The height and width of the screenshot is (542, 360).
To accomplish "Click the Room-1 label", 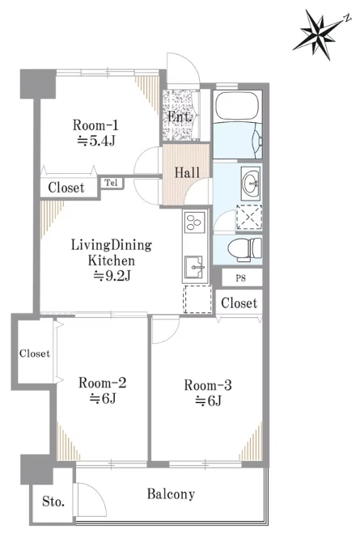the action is coord(95,125).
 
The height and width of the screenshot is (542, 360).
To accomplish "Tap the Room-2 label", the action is coord(103,383).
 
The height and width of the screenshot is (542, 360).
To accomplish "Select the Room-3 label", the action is coord(208,385).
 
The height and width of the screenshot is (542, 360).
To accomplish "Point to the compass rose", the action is coord(320,34).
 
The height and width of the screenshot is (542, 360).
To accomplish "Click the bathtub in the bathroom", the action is coord(237,106).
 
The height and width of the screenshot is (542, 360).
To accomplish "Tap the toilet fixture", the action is coord(245,249).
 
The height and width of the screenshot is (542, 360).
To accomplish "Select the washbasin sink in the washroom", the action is coord(251,183).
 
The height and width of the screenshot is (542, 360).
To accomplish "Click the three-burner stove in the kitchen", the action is coord(195,222).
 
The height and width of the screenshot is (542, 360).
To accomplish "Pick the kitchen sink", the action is coord(195,267).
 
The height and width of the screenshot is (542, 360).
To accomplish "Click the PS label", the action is coord(241,278).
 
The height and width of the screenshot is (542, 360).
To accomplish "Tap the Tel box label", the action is coord(112,183).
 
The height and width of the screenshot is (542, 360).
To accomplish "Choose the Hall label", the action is coord(187,172).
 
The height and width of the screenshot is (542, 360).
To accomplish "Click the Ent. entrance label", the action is coord(180,116).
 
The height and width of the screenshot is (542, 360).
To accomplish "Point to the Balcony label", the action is coord(171,494).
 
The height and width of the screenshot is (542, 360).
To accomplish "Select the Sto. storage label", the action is coord(53,501).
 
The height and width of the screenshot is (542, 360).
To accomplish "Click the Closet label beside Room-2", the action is coord(35,354).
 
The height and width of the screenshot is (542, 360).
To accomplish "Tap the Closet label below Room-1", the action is coord(66,188).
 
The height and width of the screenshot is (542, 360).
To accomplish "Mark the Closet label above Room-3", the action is coord(239,303).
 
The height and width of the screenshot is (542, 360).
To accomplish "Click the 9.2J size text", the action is coord(112,276).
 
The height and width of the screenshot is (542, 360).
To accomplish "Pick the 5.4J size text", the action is coord(95,141).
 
